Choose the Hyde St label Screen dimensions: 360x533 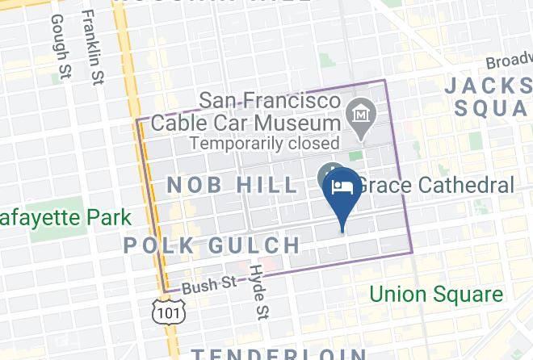[x=258, y=290]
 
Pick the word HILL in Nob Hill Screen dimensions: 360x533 [x=267, y=185]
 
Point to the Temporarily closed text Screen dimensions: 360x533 [x=264, y=144]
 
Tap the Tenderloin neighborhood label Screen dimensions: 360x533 [x=279, y=354]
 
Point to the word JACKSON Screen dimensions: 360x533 [x=488, y=86]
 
